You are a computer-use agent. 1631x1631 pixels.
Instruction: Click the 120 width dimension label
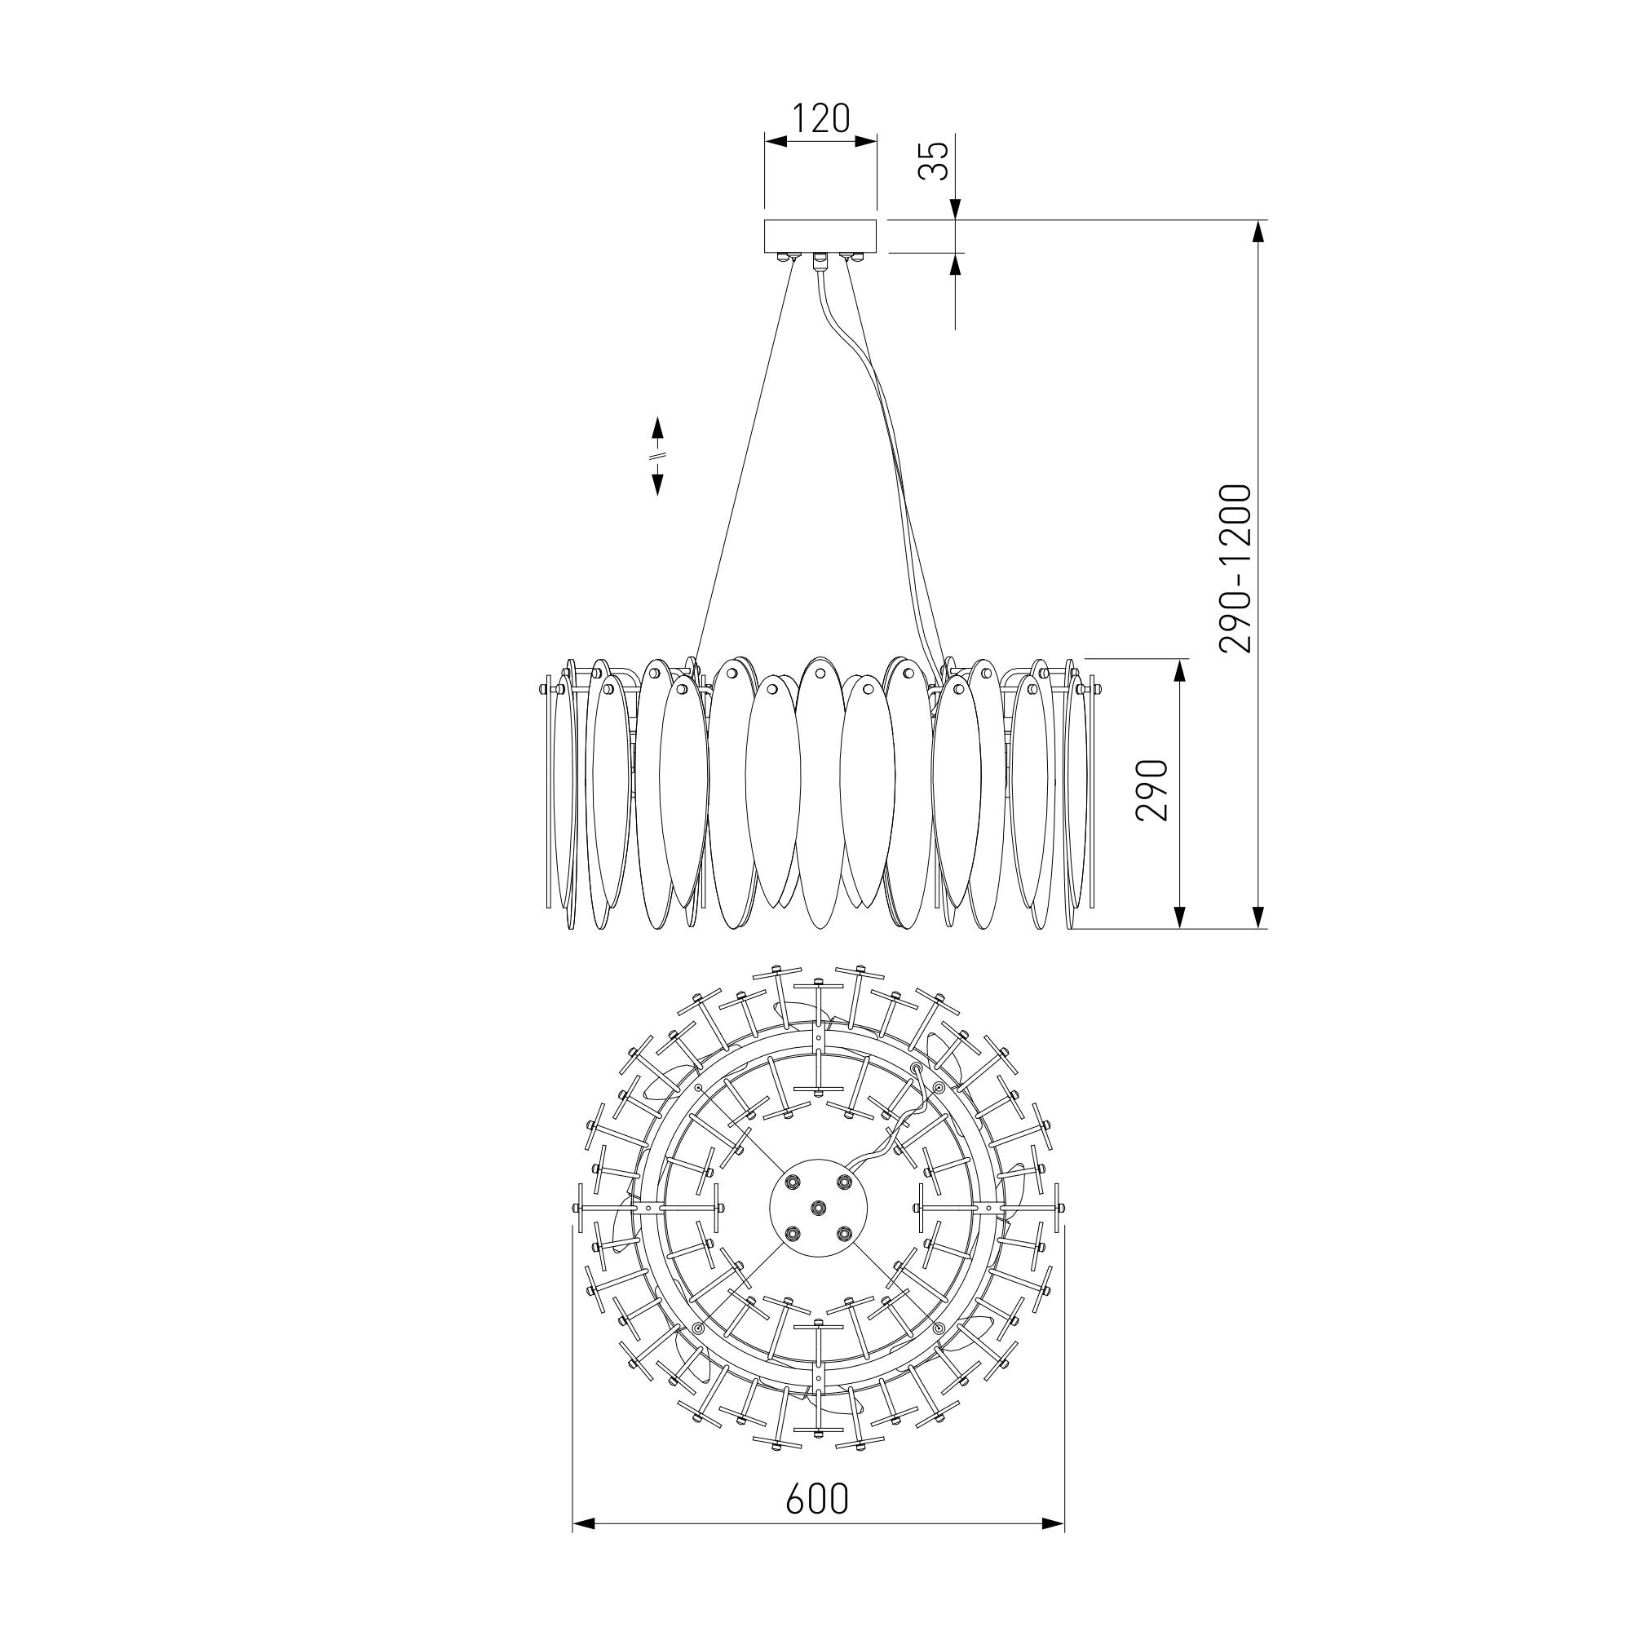coord(820,119)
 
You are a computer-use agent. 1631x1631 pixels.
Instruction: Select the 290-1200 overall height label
coord(1234,569)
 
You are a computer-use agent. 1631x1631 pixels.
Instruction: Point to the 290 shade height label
coord(1151,790)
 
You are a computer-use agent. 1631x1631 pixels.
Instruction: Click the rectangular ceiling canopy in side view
coord(820,236)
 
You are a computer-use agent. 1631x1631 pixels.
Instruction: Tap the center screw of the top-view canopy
coord(818,1209)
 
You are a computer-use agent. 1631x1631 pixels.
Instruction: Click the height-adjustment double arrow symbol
coord(657,456)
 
